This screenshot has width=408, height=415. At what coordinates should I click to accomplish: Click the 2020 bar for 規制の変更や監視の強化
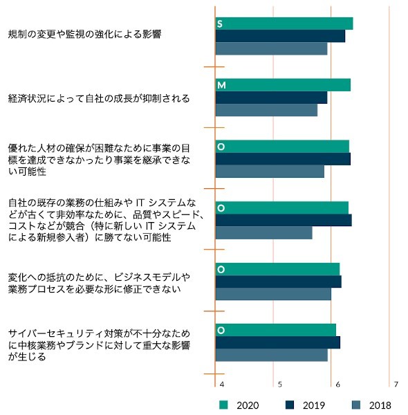284,24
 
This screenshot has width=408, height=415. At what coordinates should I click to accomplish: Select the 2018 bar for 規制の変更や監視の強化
272,48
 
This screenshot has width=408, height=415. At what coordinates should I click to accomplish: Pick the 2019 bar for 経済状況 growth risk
272,98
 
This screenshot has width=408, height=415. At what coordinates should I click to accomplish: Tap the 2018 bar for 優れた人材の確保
270,172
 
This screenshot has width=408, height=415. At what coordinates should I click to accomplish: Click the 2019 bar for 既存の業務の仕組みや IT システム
284,220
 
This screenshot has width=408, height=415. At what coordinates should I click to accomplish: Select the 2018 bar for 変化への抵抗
273,294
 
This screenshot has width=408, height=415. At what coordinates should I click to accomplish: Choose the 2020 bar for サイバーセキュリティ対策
276,330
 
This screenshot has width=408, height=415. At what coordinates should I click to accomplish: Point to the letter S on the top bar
220,24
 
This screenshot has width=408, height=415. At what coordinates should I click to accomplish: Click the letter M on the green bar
221,85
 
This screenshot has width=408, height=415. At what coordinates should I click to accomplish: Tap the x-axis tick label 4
222,385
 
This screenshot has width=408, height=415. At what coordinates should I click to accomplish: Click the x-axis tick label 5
280,385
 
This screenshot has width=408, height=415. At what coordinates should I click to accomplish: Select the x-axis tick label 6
338,385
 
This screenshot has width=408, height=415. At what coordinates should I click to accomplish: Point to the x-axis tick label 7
396,385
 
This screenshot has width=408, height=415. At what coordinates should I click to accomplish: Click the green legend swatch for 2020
223,405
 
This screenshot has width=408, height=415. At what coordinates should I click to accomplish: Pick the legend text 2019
314,405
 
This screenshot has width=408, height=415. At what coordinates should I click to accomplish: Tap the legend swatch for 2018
356,405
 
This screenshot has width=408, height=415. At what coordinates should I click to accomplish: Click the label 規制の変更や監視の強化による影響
84,34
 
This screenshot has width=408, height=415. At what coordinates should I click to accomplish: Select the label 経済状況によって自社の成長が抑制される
99,98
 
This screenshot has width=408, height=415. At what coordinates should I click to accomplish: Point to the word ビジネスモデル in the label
147,277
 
